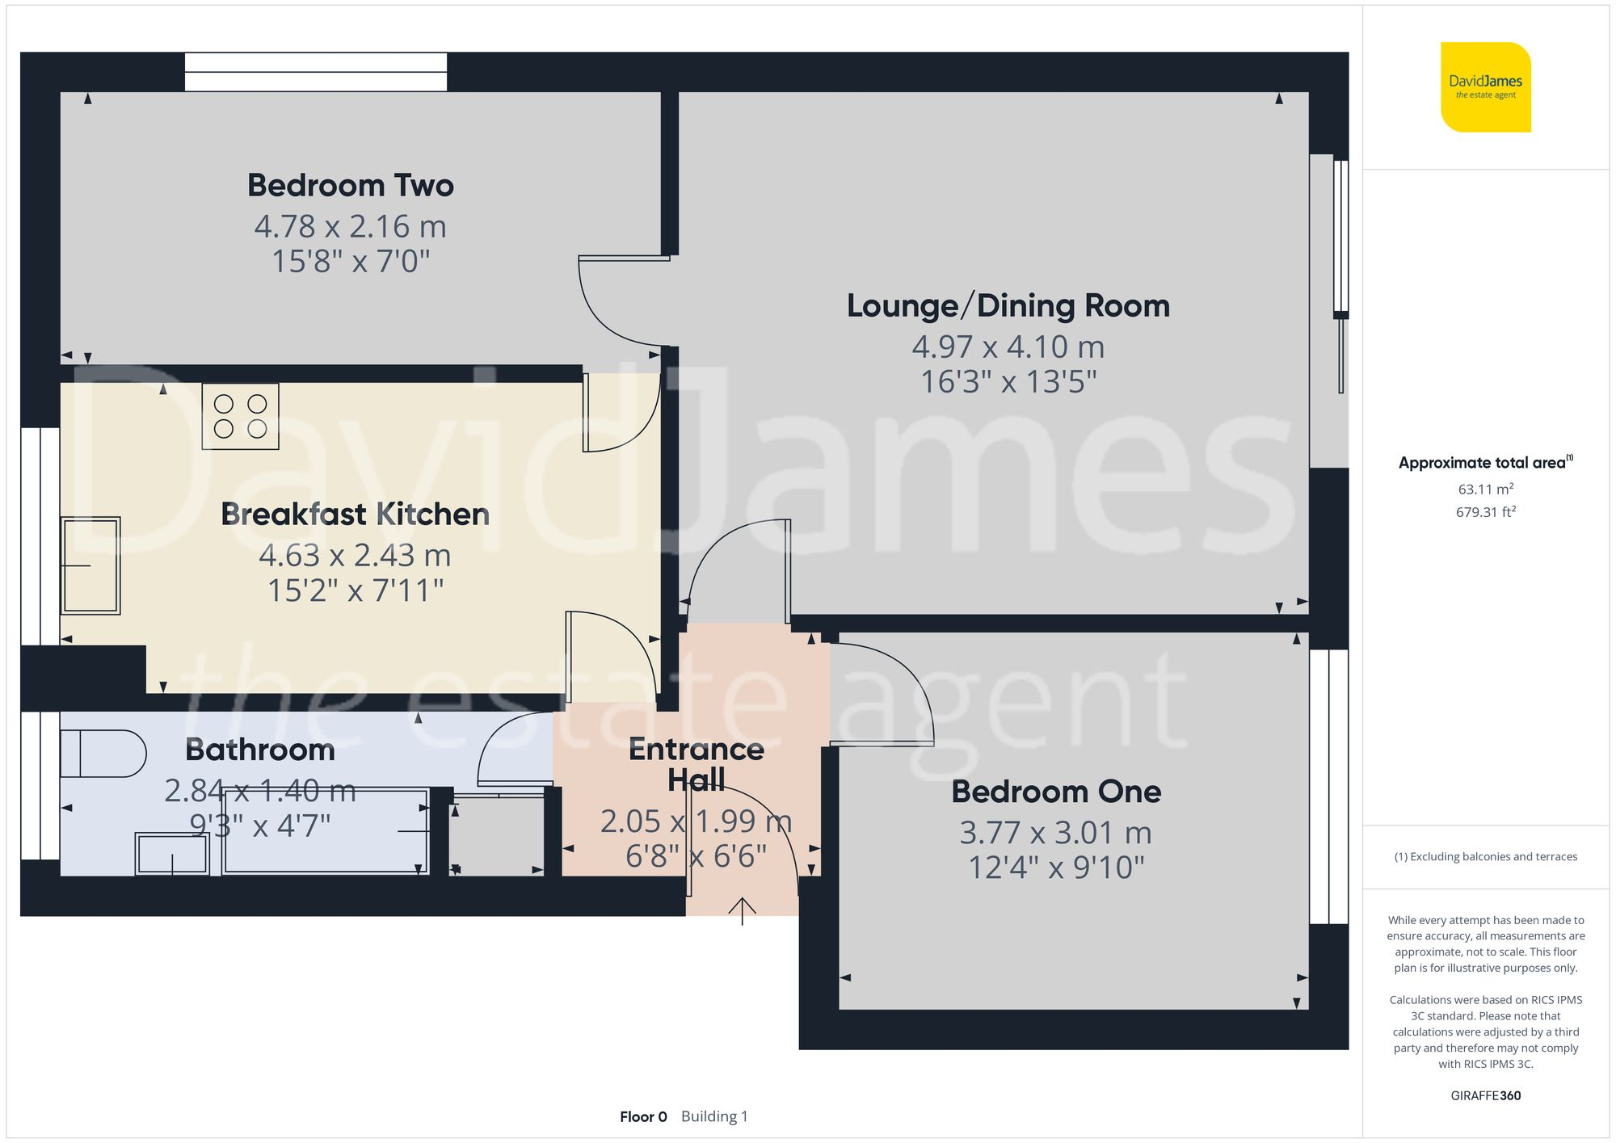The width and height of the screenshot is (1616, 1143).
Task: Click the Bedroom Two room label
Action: pyautogui.click(x=350, y=186)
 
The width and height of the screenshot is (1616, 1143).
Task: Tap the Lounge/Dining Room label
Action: pyautogui.click(x=1008, y=306)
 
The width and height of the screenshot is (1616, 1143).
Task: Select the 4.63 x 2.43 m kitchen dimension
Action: pyautogui.click(x=355, y=556)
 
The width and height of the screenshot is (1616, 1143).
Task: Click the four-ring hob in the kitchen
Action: pyautogui.click(x=240, y=417)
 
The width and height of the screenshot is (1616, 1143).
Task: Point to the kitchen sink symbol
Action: pyautogui.click(x=90, y=565)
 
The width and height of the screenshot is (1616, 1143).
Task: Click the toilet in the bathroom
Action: pyautogui.click(x=103, y=754)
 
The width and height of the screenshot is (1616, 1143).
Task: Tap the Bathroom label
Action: pyautogui.click(x=260, y=750)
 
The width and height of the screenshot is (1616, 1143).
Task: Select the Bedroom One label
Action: pyautogui.click(x=1056, y=792)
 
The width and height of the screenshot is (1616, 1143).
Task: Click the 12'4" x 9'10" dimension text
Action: pyautogui.click(x=1056, y=868)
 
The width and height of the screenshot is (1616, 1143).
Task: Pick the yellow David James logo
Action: pyautogui.click(x=1485, y=87)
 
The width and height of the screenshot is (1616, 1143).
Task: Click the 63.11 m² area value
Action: pyautogui.click(x=1485, y=490)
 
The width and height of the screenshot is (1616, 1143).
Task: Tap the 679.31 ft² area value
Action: pyautogui.click(x=1485, y=512)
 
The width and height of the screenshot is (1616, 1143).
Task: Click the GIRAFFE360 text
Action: pyautogui.click(x=1485, y=1096)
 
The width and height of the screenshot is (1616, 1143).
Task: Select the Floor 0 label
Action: pyautogui.click(x=643, y=1117)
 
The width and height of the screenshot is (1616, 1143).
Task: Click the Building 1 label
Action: pyautogui.click(x=714, y=1117)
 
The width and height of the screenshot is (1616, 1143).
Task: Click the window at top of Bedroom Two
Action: pyautogui.click(x=315, y=72)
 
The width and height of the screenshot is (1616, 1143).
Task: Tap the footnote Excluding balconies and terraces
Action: pyautogui.click(x=1485, y=857)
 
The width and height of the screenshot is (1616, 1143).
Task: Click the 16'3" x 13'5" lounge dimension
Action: pyautogui.click(x=1008, y=382)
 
